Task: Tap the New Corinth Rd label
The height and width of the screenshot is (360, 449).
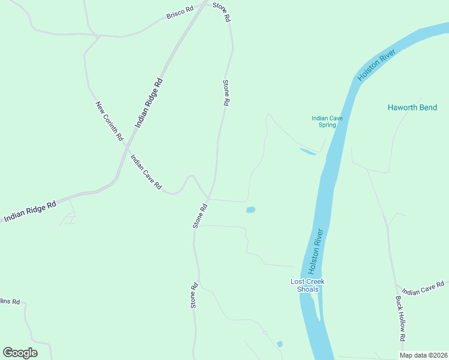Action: click(x=109, y=121)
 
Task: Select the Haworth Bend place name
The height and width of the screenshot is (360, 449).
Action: click(x=412, y=107)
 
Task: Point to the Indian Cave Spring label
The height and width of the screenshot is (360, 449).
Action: click(x=327, y=121)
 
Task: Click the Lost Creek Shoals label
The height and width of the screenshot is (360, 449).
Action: click(x=307, y=285)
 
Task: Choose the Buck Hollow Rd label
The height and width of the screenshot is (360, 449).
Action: click(x=400, y=317)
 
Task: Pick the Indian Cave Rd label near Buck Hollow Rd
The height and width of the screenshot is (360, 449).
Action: click(x=423, y=288)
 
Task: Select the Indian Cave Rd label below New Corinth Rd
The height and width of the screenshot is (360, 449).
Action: click(x=146, y=172)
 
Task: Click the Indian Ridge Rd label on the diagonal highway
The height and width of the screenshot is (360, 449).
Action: click(x=149, y=103)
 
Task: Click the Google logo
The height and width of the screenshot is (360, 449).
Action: click(x=20, y=353)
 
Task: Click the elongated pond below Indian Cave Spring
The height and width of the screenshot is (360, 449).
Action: click(x=307, y=152)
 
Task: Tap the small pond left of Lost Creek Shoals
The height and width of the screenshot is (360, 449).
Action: click(x=250, y=209)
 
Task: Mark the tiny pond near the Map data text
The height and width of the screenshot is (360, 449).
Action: click(x=280, y=344)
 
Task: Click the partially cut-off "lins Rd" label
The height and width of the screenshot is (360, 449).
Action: click(x=10, y=301)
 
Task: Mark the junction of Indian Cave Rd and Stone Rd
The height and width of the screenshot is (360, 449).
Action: click(x=208, y=199)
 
